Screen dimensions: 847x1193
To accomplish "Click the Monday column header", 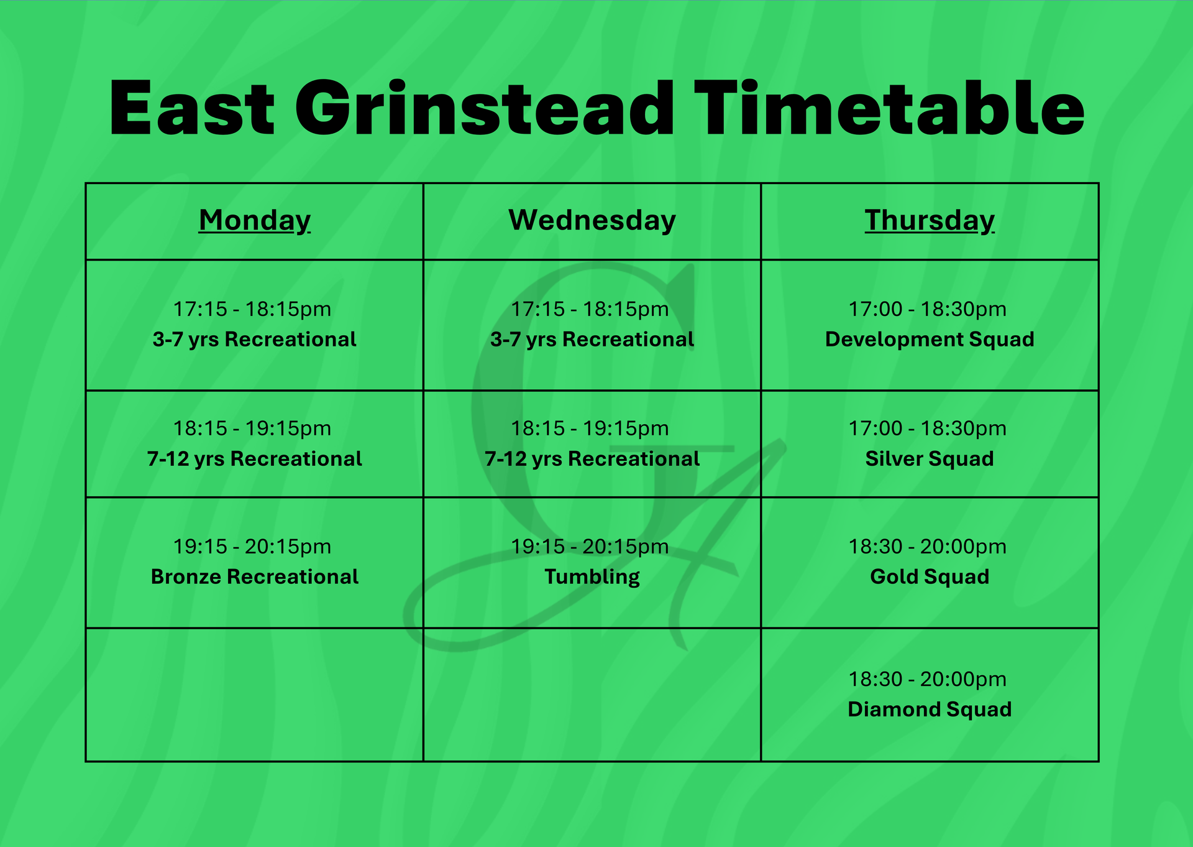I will [254, 220].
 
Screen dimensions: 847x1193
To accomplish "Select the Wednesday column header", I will [592, 220].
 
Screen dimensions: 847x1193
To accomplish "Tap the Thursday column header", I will [930, 220].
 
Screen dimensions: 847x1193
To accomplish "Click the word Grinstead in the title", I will [485, 108].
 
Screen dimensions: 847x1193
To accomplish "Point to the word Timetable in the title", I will [889, 108].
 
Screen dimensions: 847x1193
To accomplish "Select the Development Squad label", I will [930, 340].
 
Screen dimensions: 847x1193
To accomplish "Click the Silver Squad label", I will [930, 459].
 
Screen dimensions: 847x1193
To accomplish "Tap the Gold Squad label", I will [930, 577].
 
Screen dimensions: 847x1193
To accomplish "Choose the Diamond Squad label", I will [930, 710].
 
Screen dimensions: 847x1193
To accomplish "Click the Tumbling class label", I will [592, 577].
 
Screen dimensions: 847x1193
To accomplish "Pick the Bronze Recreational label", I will [254, 577].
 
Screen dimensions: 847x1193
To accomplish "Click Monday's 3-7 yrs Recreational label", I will [254, 340].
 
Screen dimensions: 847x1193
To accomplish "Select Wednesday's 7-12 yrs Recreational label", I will [592, 459].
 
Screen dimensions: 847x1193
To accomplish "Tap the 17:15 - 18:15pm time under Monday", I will [252, 309].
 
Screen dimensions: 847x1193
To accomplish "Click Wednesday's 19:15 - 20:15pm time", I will [590, 547].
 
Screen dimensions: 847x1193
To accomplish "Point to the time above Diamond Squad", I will [927, 679].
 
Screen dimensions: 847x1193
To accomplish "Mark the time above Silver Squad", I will [927, 428].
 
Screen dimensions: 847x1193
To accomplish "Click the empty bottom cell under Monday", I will [254, 695].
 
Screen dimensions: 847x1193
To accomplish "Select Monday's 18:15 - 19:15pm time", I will [252, 428].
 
